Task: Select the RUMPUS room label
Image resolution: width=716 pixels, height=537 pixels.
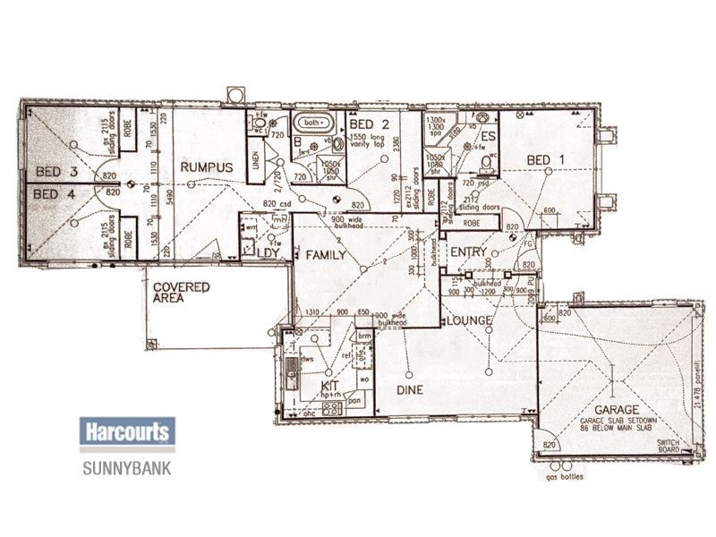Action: tap(206, 167)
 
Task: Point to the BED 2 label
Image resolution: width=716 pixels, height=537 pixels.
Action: tap(370, 124)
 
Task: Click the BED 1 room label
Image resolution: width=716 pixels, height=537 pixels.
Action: tap(546, 159)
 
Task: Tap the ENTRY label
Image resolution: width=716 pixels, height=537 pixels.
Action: tap(467, 253)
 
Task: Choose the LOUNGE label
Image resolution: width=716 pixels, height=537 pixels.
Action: tap(470, 320)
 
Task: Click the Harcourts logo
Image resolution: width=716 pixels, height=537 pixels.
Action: tap(126, 433)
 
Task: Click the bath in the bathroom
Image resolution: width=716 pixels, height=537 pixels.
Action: tap(312, 123)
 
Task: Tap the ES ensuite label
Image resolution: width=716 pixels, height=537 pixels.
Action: tap(489, 137)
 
